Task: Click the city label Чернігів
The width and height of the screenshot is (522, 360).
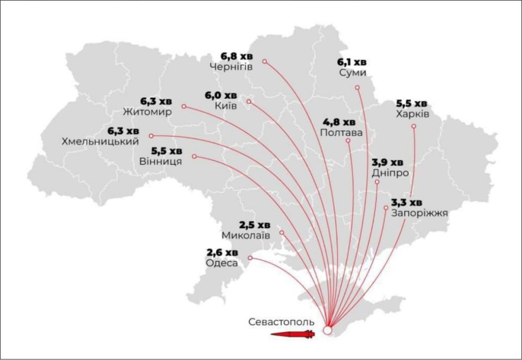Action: point(231,67)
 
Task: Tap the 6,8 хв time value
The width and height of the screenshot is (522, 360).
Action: point(236,56)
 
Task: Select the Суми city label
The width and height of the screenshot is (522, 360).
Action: point(352,73)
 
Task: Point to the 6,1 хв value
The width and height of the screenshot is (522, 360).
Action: point(352,62)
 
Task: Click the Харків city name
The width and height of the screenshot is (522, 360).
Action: point(412,114)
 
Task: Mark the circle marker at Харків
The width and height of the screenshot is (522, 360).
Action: point(414,126)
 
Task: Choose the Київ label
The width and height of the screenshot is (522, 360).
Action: point(226,106)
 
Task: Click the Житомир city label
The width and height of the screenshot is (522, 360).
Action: point(147,112)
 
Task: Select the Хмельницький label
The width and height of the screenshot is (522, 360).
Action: point(100,142)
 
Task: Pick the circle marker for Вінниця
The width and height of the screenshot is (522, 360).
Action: point(195,156)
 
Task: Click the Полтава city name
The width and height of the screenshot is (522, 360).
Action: point(341,133)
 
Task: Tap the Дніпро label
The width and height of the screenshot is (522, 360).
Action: point(390,172)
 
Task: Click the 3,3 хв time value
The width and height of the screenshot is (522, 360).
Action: point(407,202)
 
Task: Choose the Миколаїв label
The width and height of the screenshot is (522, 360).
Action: point(246,236)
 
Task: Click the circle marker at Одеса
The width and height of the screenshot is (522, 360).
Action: point(251,258)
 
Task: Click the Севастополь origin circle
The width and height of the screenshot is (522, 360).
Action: point(327,330)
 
